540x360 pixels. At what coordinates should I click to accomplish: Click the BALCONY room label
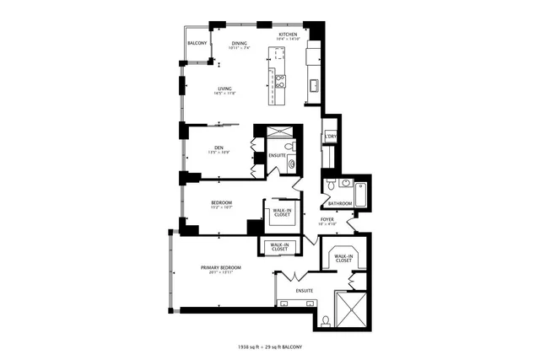197,43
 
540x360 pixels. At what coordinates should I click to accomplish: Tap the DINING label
240,43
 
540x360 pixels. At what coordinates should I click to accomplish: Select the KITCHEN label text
289,35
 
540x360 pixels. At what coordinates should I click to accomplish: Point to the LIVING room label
224,89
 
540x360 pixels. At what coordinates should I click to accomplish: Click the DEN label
219,148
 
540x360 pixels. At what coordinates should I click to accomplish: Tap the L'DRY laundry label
331,137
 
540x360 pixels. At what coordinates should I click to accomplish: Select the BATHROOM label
340,203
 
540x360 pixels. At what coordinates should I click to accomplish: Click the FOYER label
327,219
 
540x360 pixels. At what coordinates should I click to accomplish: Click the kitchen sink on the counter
313,84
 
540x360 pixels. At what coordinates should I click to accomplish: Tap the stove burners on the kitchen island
280,81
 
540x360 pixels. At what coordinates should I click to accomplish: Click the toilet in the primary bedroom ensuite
326,321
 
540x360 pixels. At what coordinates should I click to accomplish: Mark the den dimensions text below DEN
219,153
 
